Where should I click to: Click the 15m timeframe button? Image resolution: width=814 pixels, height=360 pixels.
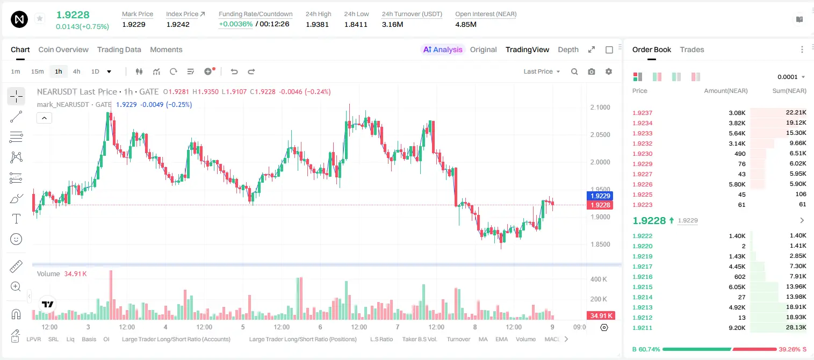pyautogui.click(x=38, y=71)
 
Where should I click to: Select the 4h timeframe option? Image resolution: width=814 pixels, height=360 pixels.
pyautogui.click(x=76, y=71)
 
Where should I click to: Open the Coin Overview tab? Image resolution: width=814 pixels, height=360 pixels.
pyautogui.click(x=63, y=49)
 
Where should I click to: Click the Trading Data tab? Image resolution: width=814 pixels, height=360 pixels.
pyautogui.click(x=119, y=49)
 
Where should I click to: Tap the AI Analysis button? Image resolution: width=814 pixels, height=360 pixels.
pyautogui.click(x=443, y=49)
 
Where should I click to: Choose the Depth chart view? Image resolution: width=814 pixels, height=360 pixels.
pyautogui.click(x=568, y=49)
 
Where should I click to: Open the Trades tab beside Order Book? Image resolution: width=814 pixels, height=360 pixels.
pyautogui.click(x=692, y=49)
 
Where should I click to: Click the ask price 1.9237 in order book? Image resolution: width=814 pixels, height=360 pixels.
pyautogui.click(x=642, y=113)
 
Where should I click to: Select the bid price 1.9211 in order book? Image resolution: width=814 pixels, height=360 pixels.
pyautogui.click(x=642, y=328)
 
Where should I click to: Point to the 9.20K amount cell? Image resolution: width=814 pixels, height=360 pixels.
pyautogui.click(x=737, y=328)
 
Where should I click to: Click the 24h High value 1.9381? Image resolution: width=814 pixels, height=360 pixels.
pyautogui.click(x=317, y=24)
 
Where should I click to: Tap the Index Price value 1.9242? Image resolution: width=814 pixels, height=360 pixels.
pyautogui.click(x=178, y=24)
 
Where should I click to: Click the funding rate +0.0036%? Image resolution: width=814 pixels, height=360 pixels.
pyautogui.click(x=235, y=24)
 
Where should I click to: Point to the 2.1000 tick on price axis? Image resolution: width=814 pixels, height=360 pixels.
pyautogui.click(x=600, y=107)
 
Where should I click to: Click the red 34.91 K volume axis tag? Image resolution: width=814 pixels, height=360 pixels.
pyautogui.click(x=600, y=316)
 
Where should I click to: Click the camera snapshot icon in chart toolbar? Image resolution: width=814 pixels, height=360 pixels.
pyautogui.click(x=592, y=71)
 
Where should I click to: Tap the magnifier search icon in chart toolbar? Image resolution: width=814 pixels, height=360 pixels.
pyautogui.click(x=574, y=71)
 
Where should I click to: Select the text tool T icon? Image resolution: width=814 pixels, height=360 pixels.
pyautogui.click(x=16, y=219)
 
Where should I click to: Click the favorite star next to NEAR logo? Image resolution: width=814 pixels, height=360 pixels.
pyautogui.click(x=40, y=18)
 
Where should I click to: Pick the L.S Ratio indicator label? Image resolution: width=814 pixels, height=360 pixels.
pyautogui.click(x=381, y=339)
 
